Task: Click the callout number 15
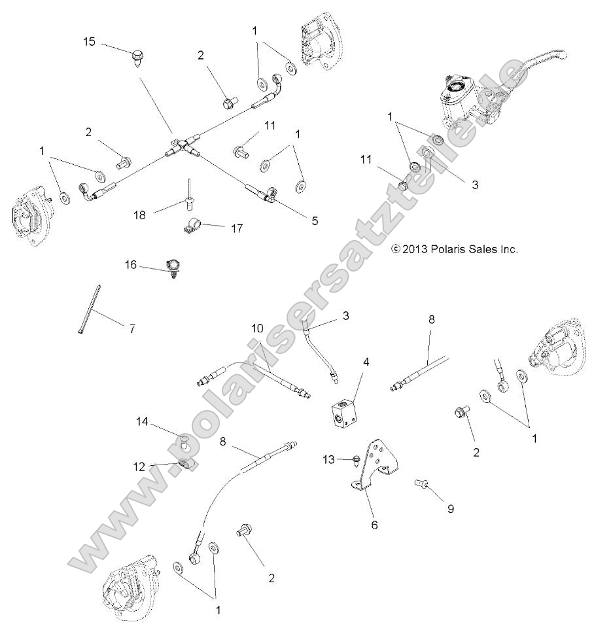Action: [x=90, y=42]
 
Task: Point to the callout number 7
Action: [x=131, y=329]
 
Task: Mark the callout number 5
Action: [x=315, y=220]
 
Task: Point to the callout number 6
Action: [x=375, y=525]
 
